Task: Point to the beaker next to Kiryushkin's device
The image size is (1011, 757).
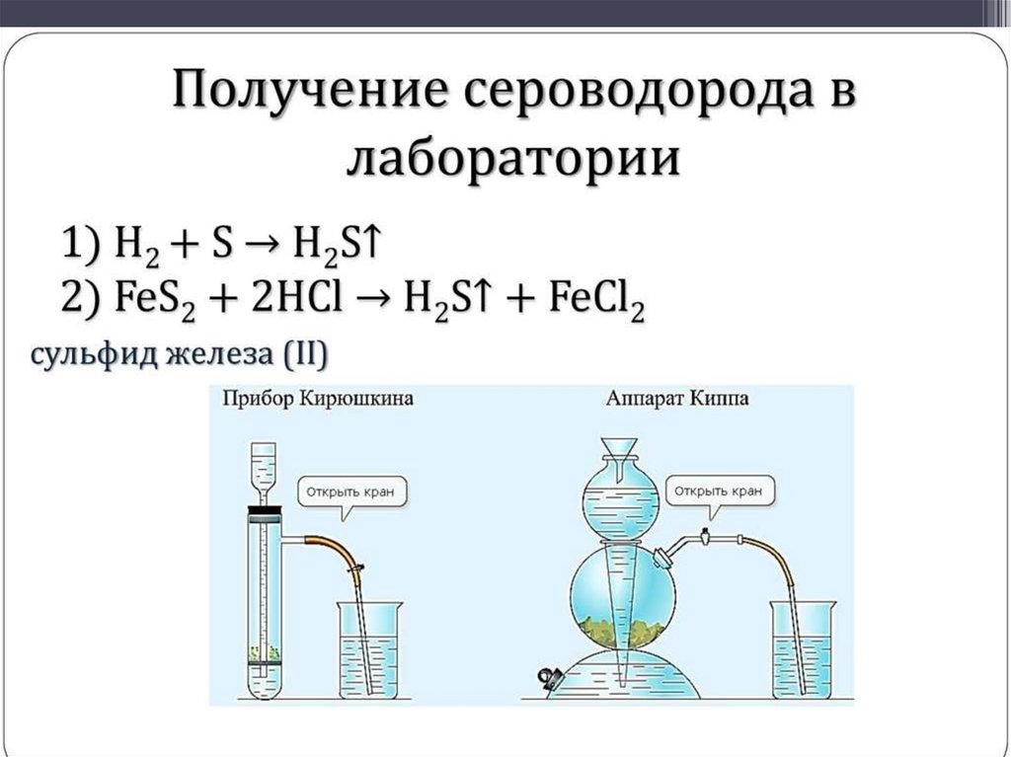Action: pos(368,652)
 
